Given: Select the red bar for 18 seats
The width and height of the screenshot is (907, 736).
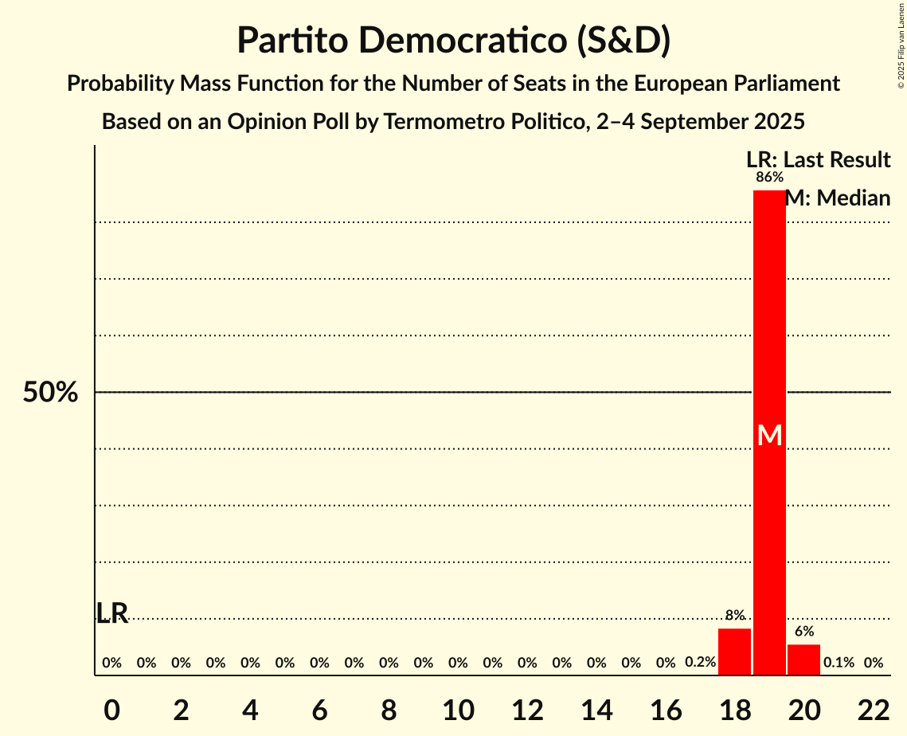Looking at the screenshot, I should (734, 652).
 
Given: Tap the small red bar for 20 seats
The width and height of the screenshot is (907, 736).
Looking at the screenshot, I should (803, 660).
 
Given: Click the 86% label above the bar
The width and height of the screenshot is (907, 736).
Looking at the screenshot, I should (769, 177).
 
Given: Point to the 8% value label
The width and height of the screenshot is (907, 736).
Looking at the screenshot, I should (734, 615).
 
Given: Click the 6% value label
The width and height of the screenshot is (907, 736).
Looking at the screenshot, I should (804, 631).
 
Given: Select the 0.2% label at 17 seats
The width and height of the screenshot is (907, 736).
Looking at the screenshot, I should (700, 662).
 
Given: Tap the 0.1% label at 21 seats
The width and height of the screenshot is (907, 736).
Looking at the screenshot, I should (839, 662).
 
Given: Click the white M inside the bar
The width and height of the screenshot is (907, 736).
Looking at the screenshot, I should (769, 435).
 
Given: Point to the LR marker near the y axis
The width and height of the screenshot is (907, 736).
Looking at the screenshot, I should (112, 613).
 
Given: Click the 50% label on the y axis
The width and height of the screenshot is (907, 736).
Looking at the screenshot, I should (50, 393).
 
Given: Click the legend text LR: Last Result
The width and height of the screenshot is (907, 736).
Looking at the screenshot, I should (818, 160).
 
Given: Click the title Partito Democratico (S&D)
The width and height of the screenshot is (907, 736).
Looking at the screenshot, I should (453, 40).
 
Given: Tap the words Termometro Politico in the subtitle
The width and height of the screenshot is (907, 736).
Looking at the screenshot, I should (472, 122).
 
